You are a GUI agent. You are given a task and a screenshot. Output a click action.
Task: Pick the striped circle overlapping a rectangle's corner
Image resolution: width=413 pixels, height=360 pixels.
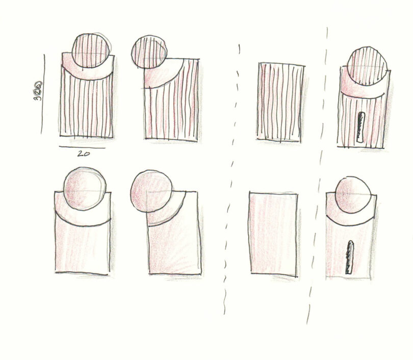coord(149,52)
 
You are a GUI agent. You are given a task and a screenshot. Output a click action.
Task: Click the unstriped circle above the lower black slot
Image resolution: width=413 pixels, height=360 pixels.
coord(354,195)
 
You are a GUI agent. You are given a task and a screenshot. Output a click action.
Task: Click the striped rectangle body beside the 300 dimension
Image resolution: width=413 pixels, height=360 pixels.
coord(86,107)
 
